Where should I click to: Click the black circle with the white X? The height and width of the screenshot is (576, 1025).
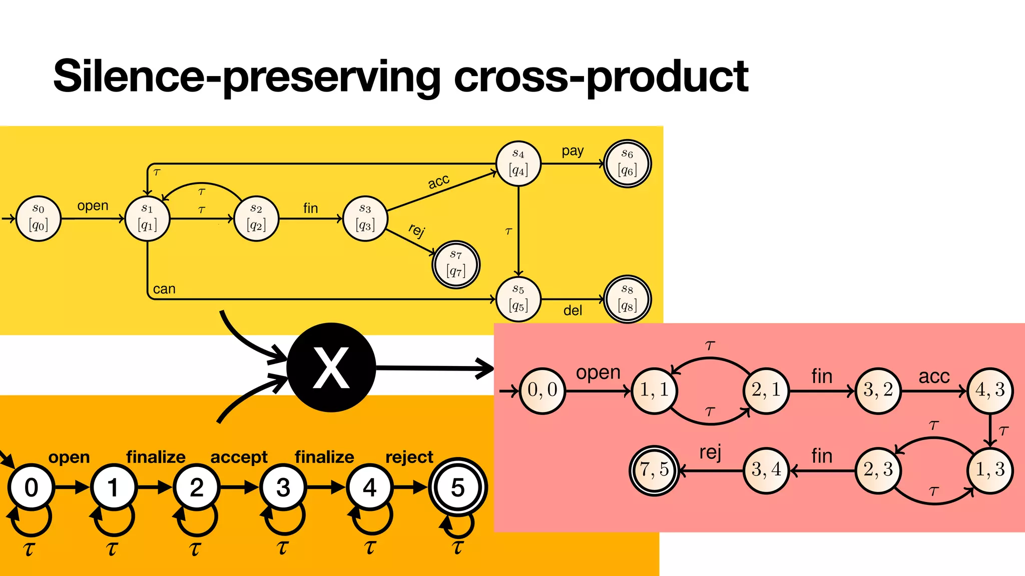tap(331, 367)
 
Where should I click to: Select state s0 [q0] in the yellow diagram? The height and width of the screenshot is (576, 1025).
tap(39, 218)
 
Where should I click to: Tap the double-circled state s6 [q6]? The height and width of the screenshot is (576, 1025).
tap(627, 163)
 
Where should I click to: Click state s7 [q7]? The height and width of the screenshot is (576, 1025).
tap(455, 264)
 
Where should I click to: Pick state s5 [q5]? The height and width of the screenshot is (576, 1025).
tap(519, 299)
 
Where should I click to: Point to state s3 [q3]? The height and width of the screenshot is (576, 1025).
tap(365, 218)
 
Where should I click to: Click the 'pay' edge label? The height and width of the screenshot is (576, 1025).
tap(573, 150)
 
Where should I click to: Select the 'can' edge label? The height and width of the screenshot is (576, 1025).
tap(164, 289)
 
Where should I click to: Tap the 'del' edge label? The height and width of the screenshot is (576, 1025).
tap(573, 310)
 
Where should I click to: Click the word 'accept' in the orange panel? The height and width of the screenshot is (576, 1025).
tap(239, 456)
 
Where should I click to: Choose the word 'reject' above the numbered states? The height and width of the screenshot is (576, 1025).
tap(409, 456)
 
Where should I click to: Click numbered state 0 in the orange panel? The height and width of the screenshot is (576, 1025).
tap(31, 487)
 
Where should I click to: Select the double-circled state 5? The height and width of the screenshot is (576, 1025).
tap(457, 487)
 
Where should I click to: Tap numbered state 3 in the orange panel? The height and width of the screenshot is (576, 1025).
tap(283, 487)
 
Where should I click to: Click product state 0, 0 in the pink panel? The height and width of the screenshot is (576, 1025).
tap(542, 390)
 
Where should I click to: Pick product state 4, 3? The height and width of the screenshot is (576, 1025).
tap(990, 390)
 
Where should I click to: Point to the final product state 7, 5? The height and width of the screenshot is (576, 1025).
tap(654, 469)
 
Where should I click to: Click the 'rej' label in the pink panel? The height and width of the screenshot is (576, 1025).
tap(710, 452)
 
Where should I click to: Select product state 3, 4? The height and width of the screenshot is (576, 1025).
tap(766, 469)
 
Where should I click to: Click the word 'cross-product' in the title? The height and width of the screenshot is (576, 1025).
tap(601, 76)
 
